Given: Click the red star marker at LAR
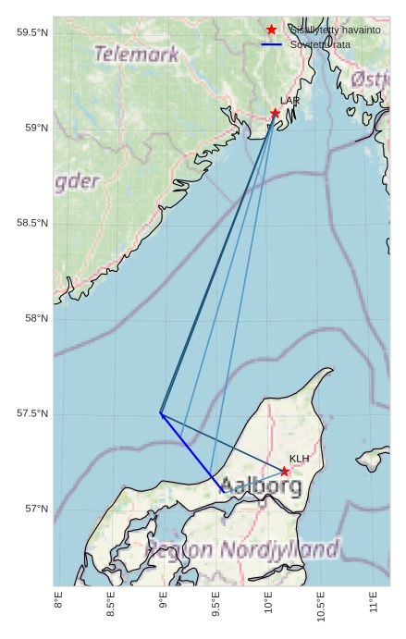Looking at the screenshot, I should pos(275,113).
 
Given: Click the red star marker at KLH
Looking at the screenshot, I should pos(285,472).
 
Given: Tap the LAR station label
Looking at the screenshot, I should pos(290,100).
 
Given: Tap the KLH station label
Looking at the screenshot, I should pos(299,459).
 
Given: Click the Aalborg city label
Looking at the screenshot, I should pos(262,485).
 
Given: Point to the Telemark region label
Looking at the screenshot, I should pos(136,55).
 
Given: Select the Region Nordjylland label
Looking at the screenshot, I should pos(243,550).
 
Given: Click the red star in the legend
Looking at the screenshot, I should pos(271,30).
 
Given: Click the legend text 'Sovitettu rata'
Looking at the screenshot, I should pos(320,43).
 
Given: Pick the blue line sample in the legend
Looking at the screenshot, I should pos(271,43).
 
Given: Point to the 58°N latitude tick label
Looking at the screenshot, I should pos(35,318).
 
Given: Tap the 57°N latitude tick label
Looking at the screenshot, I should pos(35,509).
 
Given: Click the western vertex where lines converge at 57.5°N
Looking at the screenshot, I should pos(160,412).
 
